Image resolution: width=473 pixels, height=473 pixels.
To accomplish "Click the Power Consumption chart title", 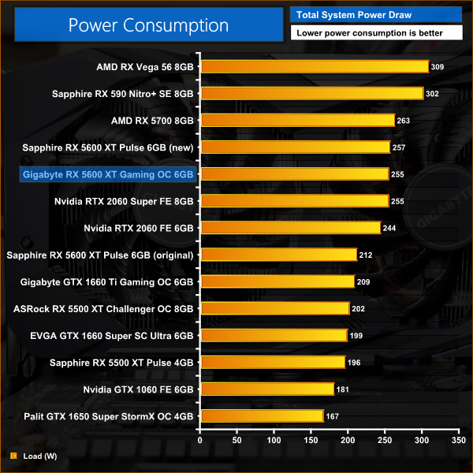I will pyautogui.click(x=148, y=24).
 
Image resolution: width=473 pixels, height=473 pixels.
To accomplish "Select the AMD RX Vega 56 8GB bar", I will pyautogui.click(x=314, y=67).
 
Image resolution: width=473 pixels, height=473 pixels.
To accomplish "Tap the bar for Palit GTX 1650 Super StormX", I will pyautogui.click(x=262, y=415).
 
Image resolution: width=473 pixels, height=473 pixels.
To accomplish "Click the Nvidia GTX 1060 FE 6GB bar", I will pyautogui.click(x=267, y=389).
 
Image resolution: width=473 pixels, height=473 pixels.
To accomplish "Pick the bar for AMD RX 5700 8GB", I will pyautogui.click(x=297, y=121).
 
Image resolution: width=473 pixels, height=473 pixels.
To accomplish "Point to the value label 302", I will pyautogui.click(x=432, y=94).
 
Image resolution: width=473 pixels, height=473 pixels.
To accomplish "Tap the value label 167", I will pyautogui.click(x=333, y=415).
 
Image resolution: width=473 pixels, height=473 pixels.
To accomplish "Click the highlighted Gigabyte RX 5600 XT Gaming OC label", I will pyautogui.click(x=109, y=174).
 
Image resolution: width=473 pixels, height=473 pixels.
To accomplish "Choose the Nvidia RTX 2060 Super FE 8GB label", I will pyautogui.click(x=124, y=201).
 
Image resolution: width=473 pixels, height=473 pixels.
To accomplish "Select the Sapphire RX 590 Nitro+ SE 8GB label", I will pyautogui.click(x=122, y=94).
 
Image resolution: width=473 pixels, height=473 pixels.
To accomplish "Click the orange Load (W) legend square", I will pyautogui.click(x=13, y=456).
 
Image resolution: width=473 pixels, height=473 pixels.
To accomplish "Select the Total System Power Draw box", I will pyautogui.click(x=376, y=15).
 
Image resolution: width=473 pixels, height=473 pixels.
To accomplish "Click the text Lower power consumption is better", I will pyautogui.click(x=376, y=33).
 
